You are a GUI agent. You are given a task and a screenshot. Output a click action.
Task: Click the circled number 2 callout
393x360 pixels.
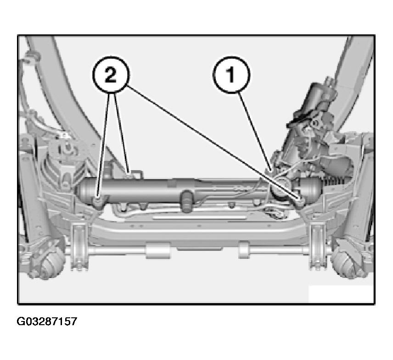[111, 76]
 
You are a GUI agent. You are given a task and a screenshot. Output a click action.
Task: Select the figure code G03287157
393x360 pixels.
[47, 321]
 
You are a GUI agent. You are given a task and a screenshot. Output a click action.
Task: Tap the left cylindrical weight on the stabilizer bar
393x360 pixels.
[156, 250]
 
